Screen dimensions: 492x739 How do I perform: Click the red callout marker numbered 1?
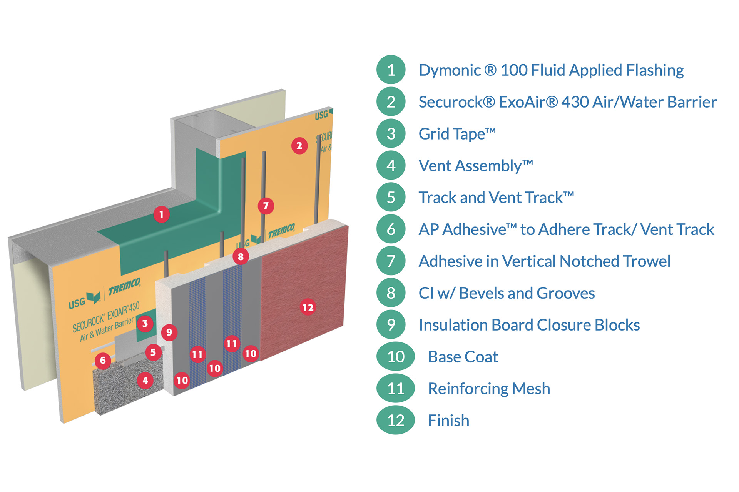tap(161, 214)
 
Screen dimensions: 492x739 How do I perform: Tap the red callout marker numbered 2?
tap(299, 146)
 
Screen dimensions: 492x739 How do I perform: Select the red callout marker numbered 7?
tap(266, 206)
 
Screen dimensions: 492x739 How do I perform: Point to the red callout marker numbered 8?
tap(241, 256)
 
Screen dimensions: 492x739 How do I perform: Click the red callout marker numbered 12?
tap(308, 307)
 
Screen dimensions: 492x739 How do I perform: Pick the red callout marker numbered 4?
tap(145, 381)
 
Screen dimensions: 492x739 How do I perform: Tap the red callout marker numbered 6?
tap(103, 361)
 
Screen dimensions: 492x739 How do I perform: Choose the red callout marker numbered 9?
tap(169, 332)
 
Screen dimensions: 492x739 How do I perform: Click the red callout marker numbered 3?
tap(145, 323)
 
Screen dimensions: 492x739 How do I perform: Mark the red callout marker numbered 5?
tap(153, 352)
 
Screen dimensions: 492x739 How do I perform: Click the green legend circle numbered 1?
tap(391, 70)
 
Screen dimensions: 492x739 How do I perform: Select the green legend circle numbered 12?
tap(395, 420)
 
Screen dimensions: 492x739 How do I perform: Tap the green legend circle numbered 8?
tap(391, 293)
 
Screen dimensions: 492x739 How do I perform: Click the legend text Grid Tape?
tap(457, 134)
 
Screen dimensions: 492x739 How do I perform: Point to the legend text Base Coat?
tap(463, 357)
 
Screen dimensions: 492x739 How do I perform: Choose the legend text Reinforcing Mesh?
tap(489, 389)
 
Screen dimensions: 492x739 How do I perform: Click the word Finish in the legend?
tap(448, 421)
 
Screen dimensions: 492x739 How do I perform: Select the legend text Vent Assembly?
tap(476, 166)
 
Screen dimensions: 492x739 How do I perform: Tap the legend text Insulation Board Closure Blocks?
tap(529, 325)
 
